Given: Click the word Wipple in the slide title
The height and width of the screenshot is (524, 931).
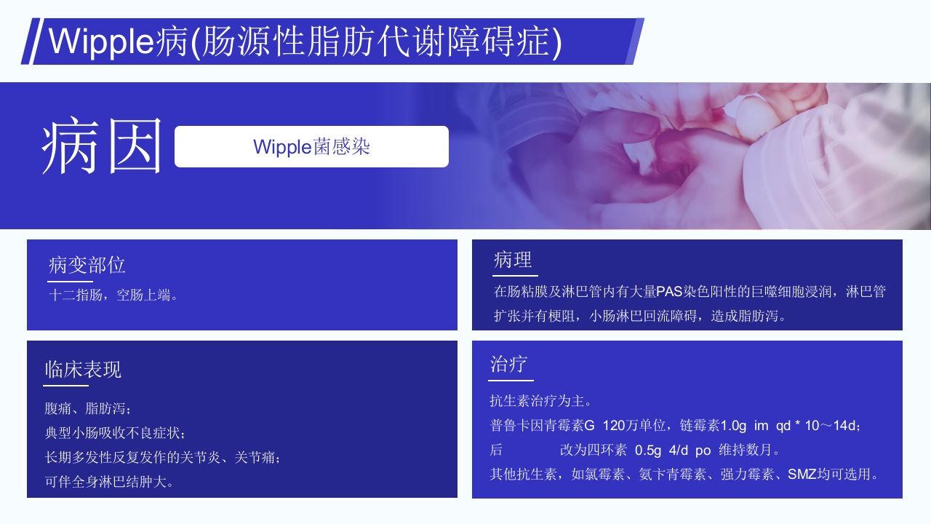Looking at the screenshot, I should point(100,41).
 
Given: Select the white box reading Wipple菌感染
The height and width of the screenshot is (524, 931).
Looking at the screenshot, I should point(311,146).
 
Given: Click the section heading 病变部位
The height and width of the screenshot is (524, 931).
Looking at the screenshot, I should point(87,266).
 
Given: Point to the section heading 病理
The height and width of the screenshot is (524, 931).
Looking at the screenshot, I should point(513,260).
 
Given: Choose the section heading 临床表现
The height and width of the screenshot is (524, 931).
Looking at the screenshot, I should point(83,370).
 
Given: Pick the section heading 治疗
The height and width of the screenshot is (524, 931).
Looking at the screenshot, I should point(508,365).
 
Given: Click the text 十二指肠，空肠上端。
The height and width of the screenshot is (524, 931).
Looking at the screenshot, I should point(113,295).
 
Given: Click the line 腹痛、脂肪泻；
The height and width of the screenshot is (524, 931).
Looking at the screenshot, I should point(88,408).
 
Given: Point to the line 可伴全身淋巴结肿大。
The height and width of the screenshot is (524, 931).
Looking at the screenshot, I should point(110,482).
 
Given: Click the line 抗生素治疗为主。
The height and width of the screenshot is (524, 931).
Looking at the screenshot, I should point(543,400).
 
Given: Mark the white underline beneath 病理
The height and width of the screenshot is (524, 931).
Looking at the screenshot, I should point(515,276).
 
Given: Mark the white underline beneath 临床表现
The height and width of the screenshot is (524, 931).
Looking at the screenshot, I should point(66,386).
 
